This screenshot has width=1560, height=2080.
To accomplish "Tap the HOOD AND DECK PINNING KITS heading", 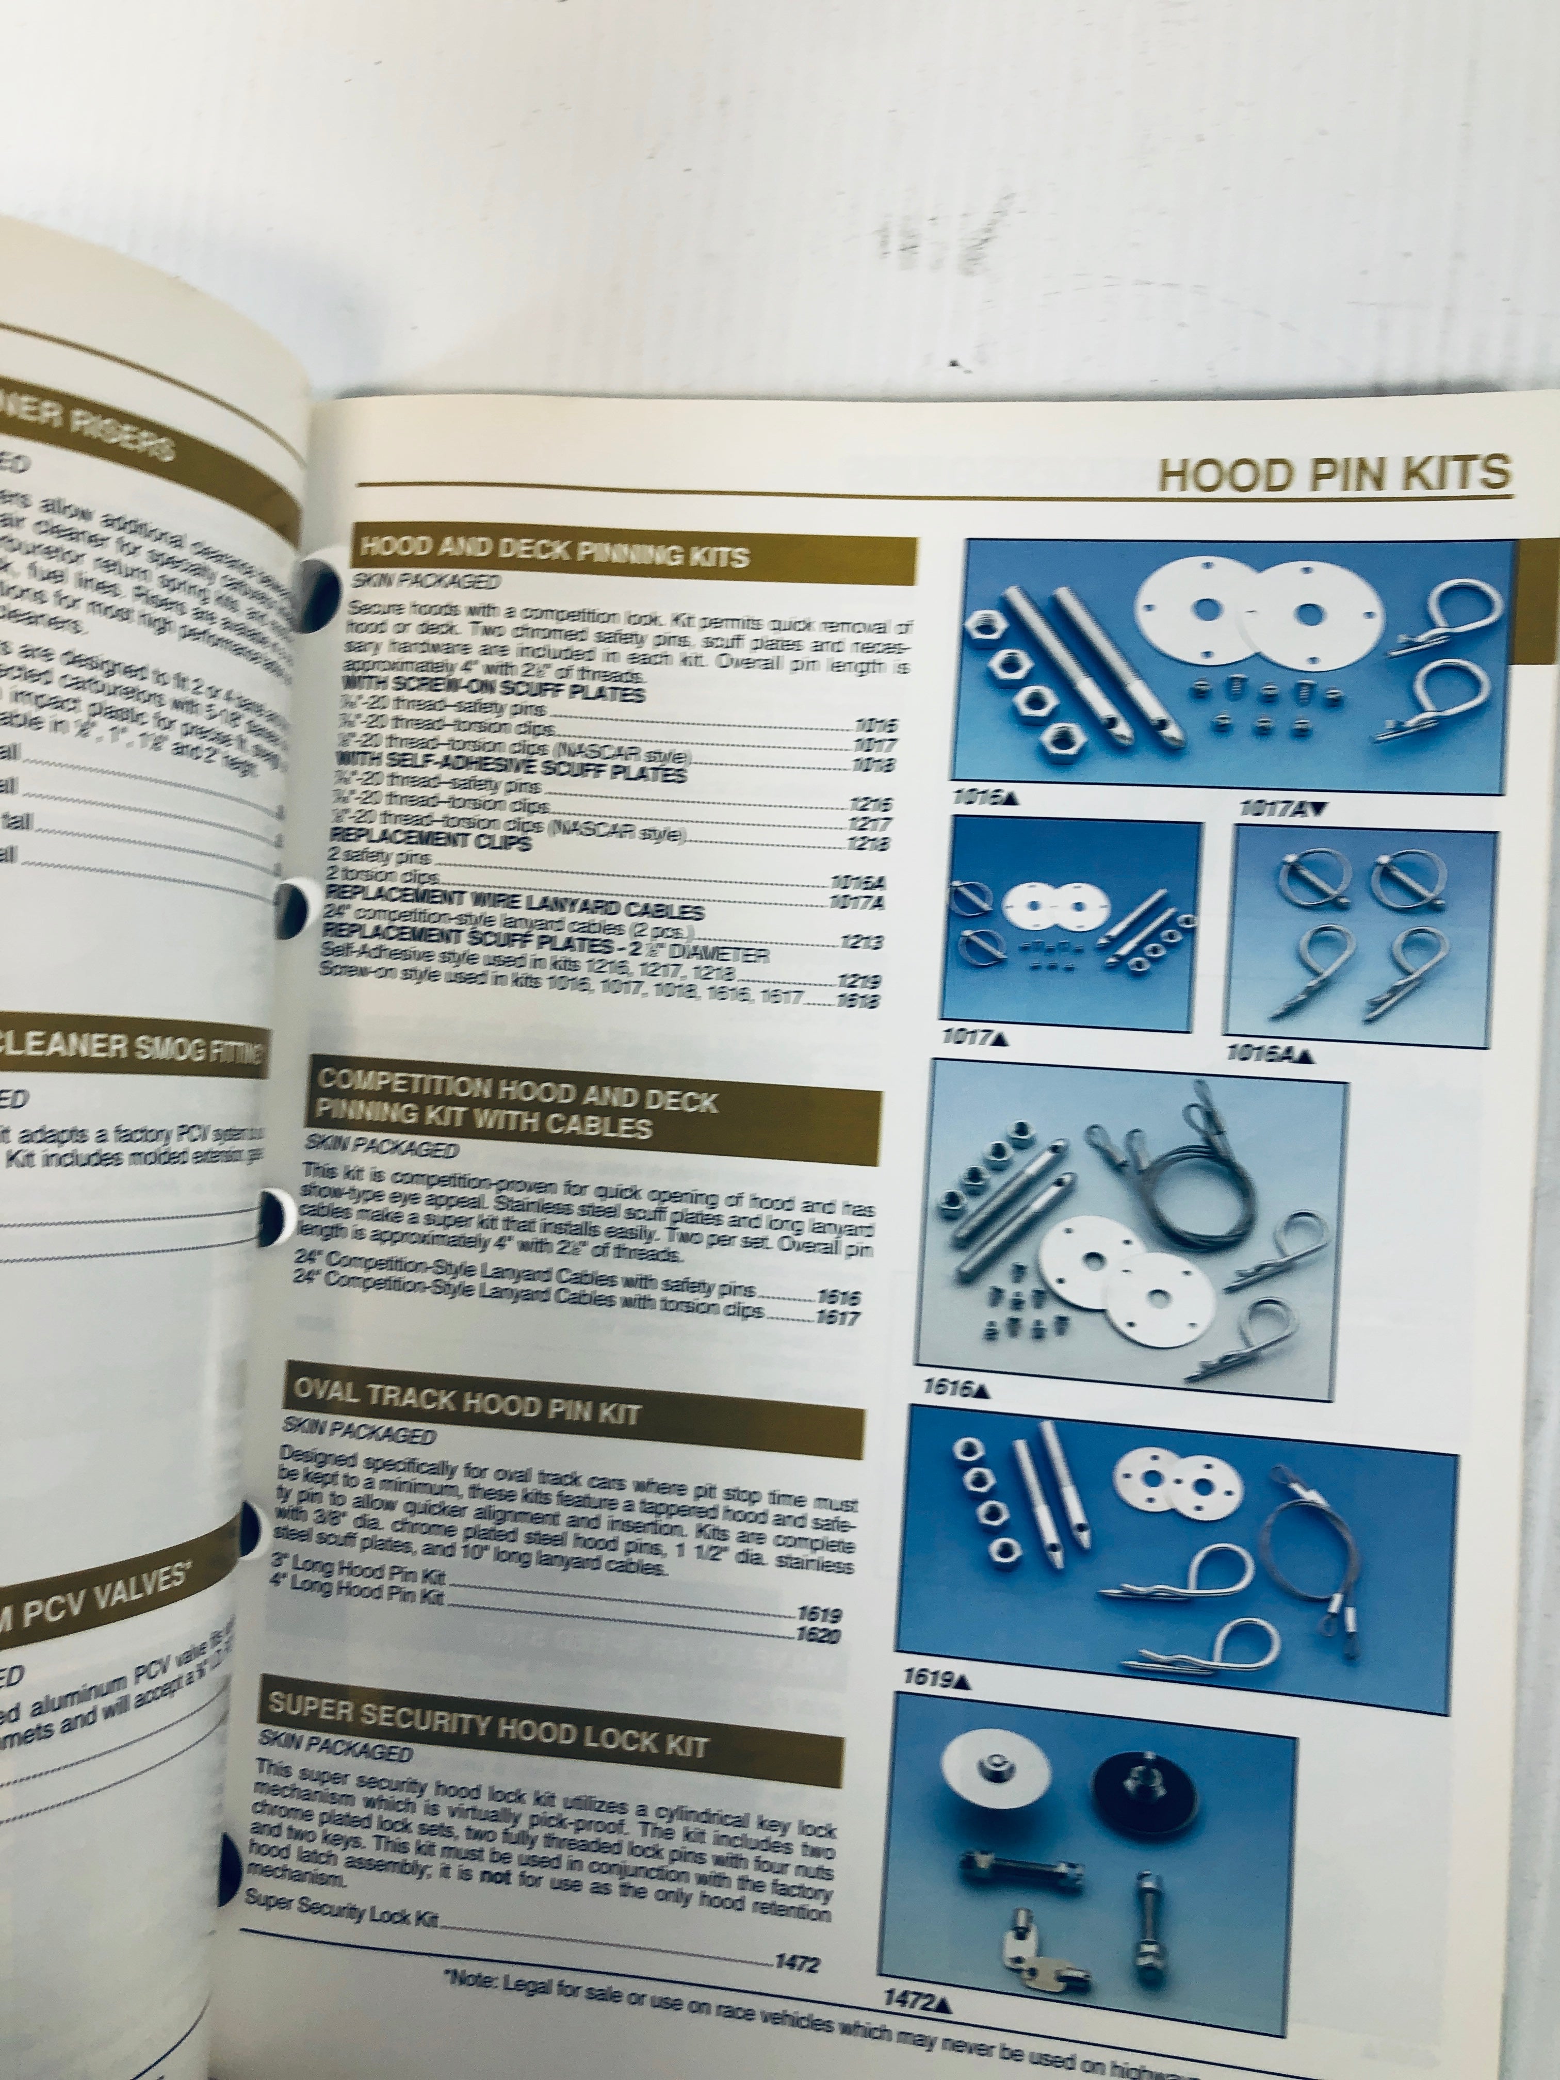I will [554, 551].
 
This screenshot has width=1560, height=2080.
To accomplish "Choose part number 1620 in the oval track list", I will [816, 1635].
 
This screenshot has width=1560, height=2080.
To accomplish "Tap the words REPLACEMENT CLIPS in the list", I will [430, 840].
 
